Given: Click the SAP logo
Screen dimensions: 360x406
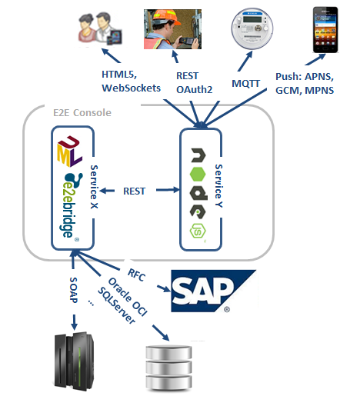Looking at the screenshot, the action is coord(213,291).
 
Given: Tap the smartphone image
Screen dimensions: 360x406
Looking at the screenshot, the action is coord(325,29).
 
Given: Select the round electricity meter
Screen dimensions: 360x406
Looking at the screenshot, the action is coord(252,28).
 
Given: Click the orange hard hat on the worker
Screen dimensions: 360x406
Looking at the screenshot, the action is coord(166,17).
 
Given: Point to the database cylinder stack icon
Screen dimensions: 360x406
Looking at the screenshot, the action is coord(169,368).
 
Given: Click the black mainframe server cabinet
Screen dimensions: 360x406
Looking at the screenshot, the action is coord(74,361).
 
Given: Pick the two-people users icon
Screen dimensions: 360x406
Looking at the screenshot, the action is coord(100,28).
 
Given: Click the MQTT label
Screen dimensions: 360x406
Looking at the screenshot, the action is coord(245,83).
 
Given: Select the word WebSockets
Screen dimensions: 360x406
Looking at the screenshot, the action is coord(131,88).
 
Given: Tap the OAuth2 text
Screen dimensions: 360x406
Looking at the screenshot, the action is coord(195,90).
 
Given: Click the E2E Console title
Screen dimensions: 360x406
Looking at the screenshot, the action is coord(82,112).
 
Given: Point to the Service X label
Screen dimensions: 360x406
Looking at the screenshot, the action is coord(94,187).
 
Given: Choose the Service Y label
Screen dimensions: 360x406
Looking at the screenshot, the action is coord(218,185).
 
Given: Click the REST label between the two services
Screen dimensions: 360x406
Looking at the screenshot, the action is coord(134,191).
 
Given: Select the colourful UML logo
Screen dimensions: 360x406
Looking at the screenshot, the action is coord(69,151).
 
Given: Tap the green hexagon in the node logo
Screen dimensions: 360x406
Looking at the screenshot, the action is coord(198,175).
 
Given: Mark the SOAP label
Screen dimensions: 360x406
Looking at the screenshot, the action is coord(74,290).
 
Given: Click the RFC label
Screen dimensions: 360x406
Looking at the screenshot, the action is coord(136,275).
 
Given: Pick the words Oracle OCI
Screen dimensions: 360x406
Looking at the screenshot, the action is coord(128,297).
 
